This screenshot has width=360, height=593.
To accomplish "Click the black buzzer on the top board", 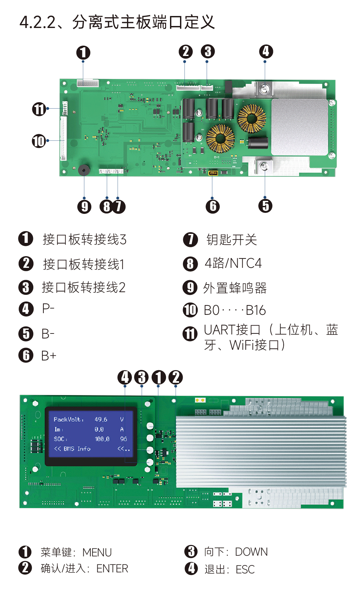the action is pos(84,170).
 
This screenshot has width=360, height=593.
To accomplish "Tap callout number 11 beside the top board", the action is pos(39,109).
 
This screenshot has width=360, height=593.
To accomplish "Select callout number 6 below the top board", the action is pos(213,206).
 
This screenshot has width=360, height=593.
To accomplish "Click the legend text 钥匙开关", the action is pos(232,240).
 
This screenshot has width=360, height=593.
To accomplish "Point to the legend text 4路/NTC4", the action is pos(233,263).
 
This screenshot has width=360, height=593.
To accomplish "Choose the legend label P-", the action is pos(48,308).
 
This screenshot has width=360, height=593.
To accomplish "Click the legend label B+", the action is pos(49,356).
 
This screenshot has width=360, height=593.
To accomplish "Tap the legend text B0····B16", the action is pos(235,310).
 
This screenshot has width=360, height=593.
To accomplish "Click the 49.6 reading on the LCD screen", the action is pos(101,419).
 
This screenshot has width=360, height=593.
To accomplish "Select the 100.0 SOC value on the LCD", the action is pos(102,439).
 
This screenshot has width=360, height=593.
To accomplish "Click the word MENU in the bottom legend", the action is pos(97,552).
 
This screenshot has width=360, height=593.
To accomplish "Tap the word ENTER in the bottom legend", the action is pos(112,568).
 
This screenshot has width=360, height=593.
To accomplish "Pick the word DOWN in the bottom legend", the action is pos(251,552).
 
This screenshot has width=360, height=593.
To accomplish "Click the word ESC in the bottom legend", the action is pos(245,569).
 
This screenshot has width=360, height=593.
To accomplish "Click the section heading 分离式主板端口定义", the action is pos(144,22).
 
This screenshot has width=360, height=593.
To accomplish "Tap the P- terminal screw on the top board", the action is pos(265,88).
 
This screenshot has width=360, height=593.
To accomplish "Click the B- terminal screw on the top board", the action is pos(265,166).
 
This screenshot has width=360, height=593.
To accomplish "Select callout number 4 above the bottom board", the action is pos(125,377).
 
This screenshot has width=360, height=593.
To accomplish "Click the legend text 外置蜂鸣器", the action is pos(235,288).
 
